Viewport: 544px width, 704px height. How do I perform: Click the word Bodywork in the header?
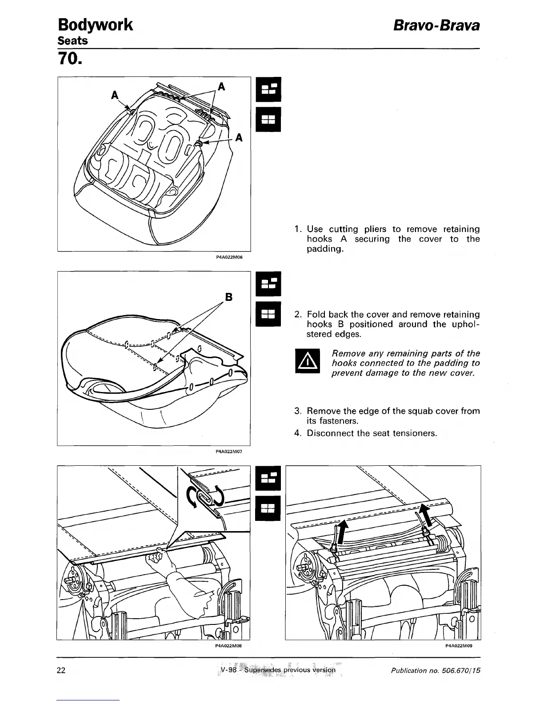point(95,25)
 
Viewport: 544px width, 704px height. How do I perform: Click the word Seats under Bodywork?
point(72,41)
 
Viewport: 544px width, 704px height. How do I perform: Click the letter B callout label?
point(229,297)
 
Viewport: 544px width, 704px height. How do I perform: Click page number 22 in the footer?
point(61,670)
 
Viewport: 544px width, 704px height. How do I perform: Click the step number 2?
point(298,315)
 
